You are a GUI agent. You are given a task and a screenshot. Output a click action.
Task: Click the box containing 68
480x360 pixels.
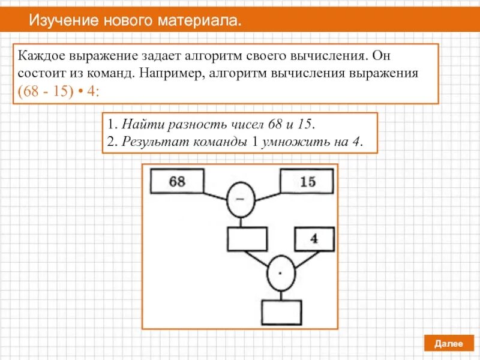point(176,181)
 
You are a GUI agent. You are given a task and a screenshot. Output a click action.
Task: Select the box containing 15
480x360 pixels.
point(307,181)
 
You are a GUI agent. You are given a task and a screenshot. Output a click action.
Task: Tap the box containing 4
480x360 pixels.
point(313,239)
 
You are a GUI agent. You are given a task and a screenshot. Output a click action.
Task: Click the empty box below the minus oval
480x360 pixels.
point(247,239)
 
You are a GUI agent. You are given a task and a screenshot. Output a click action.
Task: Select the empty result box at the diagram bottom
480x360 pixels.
point(281,312)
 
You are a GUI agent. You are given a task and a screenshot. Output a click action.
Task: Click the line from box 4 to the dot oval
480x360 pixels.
point(302,257)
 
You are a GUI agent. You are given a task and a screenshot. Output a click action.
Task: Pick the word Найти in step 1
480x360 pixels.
point(136,125)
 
